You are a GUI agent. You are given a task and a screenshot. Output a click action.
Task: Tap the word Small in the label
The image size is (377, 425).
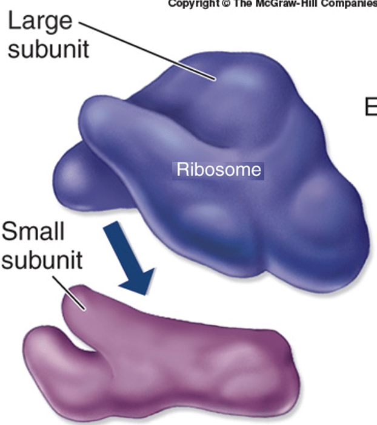(x=33, y=231)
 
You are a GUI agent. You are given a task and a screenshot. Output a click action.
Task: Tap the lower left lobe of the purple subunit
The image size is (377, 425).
(x=45, y=358)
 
